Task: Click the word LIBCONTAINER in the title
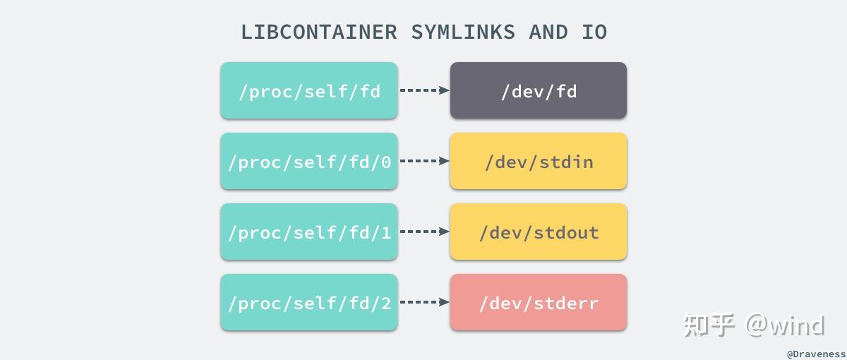pyautogui.click(x=319, y=32)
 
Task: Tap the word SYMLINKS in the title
pyautogui.click(x=463, y=32)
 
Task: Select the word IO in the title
pyautogui.click(x=594, y=32)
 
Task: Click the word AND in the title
pyautogui.click(x=548, y=32)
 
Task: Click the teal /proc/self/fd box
pyautogui.click(x=309, y=90)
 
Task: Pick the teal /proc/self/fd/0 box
pyautogui.click(x=309, y=161)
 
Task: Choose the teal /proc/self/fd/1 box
pyautogui.click(x=309, y=232)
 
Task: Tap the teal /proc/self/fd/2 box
pyautogui.click(x=309, y=302)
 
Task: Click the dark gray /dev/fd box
pyautogui.click(x=539, y=90)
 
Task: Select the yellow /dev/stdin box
pyautogui.click(x=539, y=161)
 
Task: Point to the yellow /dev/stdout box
pyautogui.click(x=539, y=232)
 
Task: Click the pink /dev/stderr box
pyautogui.click(x=539, y=302)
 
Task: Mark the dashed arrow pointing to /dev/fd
pyautogui.click(x=424, y=90)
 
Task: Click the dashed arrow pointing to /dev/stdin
pyautogui.click(x=424, y=161)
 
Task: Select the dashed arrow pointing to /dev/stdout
pyautogui.click(x=424, y=232)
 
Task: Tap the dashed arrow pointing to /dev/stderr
pyautogui.click(x=424, y=302)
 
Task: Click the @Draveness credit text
pyautogui.click(x=816, y=352)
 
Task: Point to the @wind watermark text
pyautogui.click(x=786, y=325)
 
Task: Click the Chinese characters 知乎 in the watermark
pyautogui.click(x=709, y=325)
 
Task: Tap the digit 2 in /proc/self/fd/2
pyautogui.click(x=385, y=303)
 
